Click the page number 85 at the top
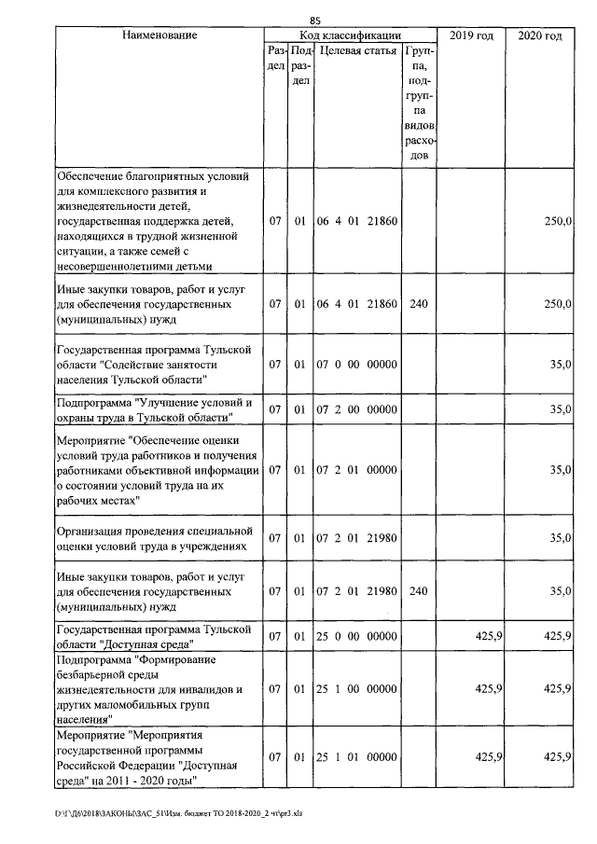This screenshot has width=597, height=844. [314, 21]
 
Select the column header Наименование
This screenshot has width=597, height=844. [159, 35]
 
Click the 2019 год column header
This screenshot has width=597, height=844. [471, 35]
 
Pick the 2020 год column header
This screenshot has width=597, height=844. [539, 35]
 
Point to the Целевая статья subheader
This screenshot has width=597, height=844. [358, 50]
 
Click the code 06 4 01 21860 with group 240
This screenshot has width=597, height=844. [358, 304]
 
